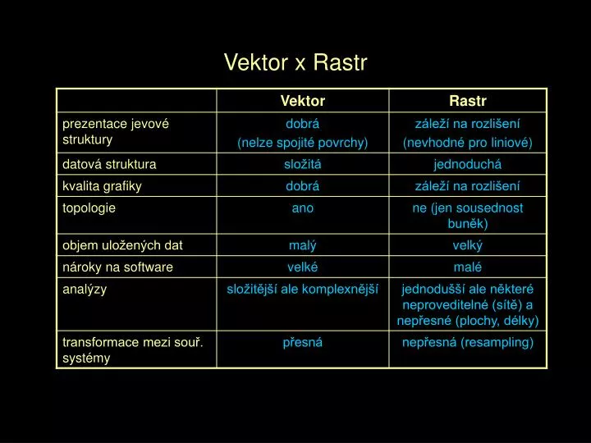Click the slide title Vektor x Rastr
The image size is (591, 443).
pyautogui.click(x=295, y=62)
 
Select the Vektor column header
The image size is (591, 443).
pyautogui.click(x=303, y=101)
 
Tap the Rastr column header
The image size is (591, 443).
pyautogui.click(x=468, y=101)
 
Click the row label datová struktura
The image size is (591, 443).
pyautogui.click(x=109, y=164)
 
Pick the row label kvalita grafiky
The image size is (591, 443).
pyautogui.click(x=102, y=186)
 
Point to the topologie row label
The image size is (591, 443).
pyautogui.click(x=89, y=208)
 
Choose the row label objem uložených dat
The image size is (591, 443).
pyautogui.click(x=122, y=245)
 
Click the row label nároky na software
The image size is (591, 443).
pyautogui.click(x=117, y=267)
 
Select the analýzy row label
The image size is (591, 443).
pyautogui.click(x=85, y=290)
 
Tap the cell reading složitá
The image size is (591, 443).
pyautogui.click(x=303, y=164)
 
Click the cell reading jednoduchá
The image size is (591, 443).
pyautogui.click(x=467, y=164)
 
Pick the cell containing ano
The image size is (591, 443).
pyautogui.click(x=303, y=208)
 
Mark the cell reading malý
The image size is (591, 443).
pyautogui.click(x=303, y=245)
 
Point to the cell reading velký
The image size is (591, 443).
pyautogui.click(x=467, y=245)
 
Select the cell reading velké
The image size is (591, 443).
pyautogui.click(x=303, y=267)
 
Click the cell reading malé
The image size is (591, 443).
pyautogui.click(x=467, y=267)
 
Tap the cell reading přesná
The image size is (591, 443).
pyautogui.click(x=303, y=342)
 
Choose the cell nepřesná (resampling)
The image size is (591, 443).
pyautogui.click(x=468, y=342)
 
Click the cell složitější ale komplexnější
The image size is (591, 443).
pyautogui.click(x=302, y=290)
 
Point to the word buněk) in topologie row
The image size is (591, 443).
pyautogui.click(x=468, y=224)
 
